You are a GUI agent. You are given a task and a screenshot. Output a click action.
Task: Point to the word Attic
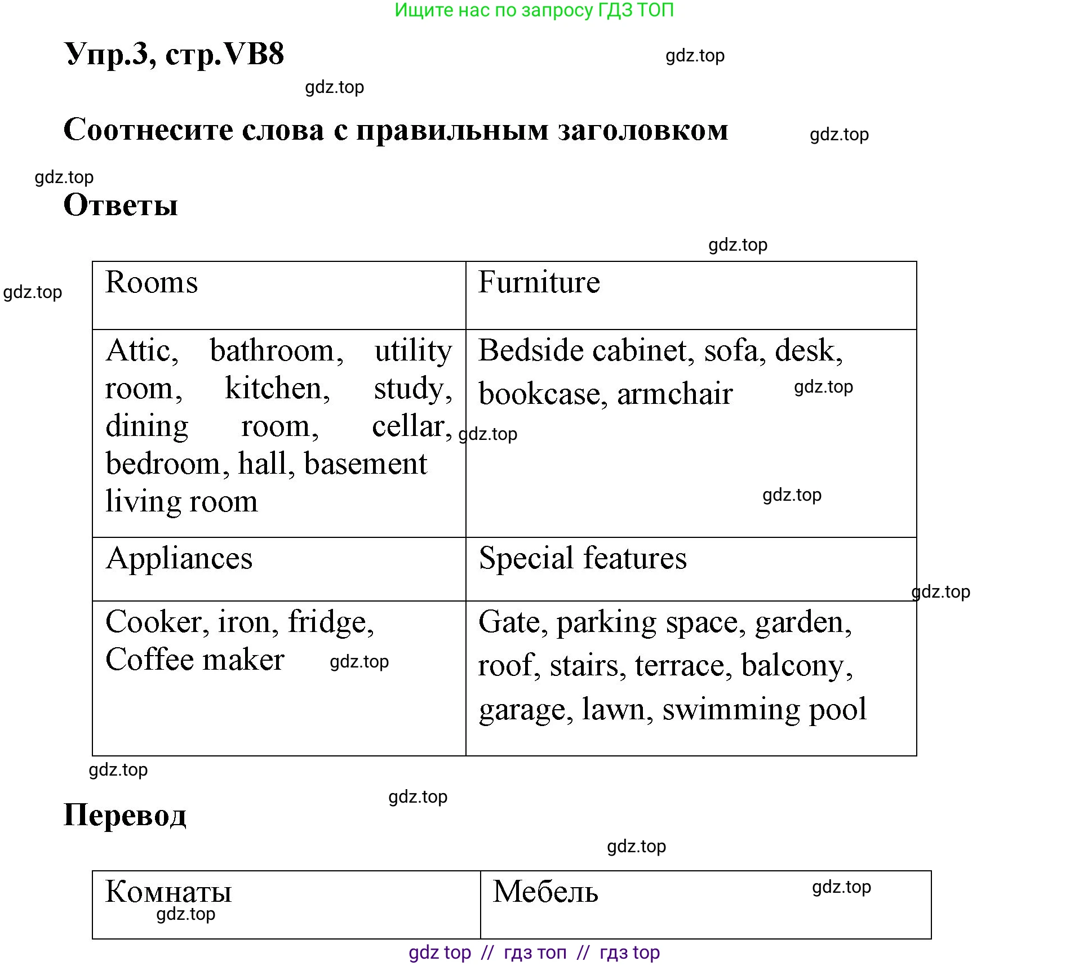pos(141,351)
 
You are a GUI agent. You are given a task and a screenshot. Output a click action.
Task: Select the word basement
pos(365,464)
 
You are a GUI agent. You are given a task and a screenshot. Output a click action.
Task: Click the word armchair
pos(674,394)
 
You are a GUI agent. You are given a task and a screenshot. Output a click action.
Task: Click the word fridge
pos(330,622)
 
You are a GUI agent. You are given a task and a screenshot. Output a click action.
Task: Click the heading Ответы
pos(121,205)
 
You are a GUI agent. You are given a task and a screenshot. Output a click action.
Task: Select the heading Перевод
pos(125,815)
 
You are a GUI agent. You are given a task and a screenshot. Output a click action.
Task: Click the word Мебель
pos(545,892)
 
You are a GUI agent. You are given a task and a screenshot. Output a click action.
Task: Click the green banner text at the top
pos(534,10)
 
